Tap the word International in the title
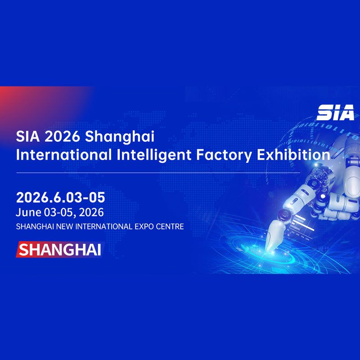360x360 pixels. [x=63, y=155]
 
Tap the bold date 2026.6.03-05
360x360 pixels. [x=60, y=198]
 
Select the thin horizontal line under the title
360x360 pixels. [x=157, y=172]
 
